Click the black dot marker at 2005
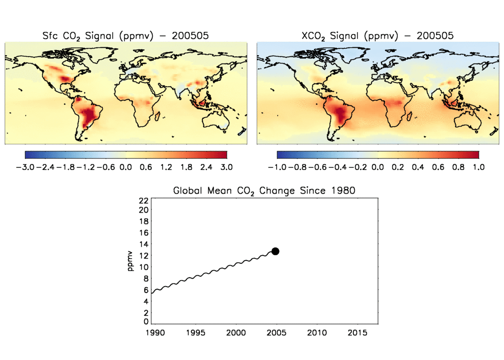[275, 251]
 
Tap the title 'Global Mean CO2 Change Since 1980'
[264, 191]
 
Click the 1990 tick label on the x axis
[153, 333]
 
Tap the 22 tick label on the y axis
[144, 200]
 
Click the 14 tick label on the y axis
[144, 244]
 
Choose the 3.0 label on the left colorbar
[226, 167]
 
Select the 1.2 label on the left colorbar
[166, 167]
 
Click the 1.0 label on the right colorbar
[479, 167]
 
